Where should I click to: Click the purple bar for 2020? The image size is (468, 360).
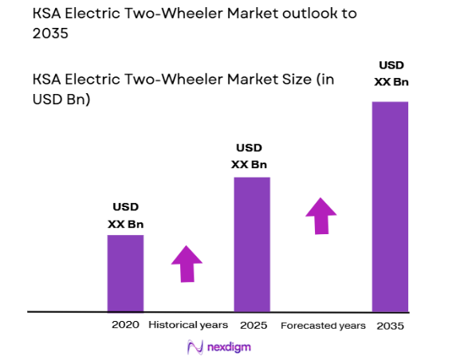click(x=125, y=272)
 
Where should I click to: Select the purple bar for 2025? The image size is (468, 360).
click(x=252, y=244)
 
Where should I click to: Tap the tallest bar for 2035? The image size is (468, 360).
click(x=390, y=205)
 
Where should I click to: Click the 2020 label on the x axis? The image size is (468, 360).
click(x=126, y=325)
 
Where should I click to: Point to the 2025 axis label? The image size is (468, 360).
click(x=253, y=325)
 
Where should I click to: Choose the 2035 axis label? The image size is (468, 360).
click(x=391, y=325)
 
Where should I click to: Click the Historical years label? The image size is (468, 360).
click(x=188, y=325)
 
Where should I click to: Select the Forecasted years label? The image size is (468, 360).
click(x=323, y=325)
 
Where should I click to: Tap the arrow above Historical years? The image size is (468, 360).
click(x=187, y=264)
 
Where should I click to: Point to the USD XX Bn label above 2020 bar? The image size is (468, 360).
click(x=126, y=215)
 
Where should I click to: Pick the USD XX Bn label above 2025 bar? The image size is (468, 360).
click(x=249, y=156)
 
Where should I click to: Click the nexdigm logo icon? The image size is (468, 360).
click(x=194, y=347)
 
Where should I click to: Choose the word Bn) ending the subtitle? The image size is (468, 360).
click(x=77, y=100)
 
